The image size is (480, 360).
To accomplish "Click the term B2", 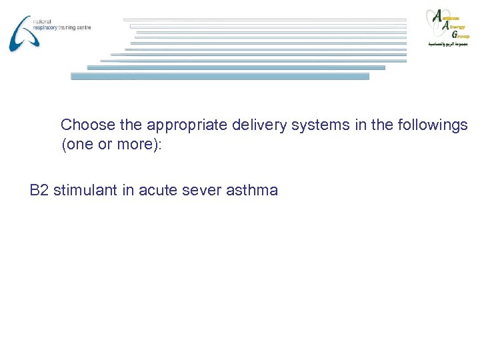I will tap(39, 191).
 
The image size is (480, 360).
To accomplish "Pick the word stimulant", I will tap(85, 191).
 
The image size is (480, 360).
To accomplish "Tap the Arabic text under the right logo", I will tap(448, 44).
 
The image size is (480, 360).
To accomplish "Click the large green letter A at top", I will tap(437, 16).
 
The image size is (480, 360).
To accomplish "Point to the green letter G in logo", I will tap(454, 33).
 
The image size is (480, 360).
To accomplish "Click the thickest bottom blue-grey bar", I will tap(220, 77).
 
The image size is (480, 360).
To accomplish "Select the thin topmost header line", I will tap(267, 19).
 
